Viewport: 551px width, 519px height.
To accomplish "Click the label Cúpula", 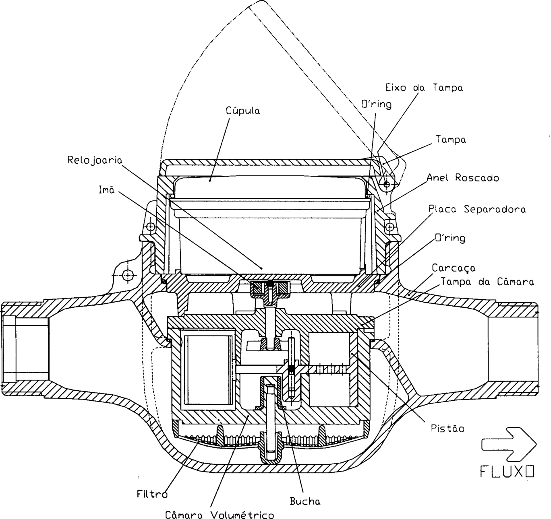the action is pyautogui.click(x=243, y=111).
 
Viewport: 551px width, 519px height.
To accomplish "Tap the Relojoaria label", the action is pyautogui.click(x=95, y=160).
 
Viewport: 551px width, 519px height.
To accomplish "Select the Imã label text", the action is pyautogui.click(x=107, y=189).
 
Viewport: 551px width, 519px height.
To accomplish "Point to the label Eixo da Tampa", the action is pyautogui.click(x=424, y=88).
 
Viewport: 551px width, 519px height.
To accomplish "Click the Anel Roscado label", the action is pyautogui.click(x=463, y=177).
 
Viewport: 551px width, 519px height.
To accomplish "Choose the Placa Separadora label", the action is pyautogui.click(x=477, y=209).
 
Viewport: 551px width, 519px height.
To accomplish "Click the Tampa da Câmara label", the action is pyautogui.click(x=487, y=282).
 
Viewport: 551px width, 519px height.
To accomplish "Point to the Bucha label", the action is pyautogui.click(x=305, y=501).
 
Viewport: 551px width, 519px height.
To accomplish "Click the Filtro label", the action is pyautogui.click(x=152, y=494).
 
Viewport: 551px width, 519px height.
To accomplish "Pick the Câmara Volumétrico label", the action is pyautogui.click(x=220, y=514).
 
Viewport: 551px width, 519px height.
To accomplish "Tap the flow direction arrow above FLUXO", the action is pyautogui.click(x=509, y=444).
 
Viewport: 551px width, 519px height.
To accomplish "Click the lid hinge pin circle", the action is pyautogui.click(x=387, y=184).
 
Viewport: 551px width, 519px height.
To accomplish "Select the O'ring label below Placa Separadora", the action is pyautogui.click(x=450, y=238).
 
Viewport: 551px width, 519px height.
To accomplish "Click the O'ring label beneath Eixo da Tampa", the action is pyautogui.click(x=377, y=104).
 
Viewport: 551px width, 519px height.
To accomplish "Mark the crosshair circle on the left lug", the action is pyautogui.click(x=127, y=275).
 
